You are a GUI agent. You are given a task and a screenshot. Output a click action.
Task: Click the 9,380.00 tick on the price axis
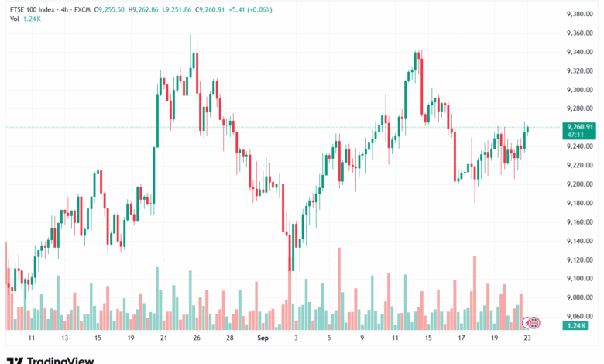click(579, 14)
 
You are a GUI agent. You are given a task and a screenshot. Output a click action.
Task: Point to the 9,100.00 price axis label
click(579, 279)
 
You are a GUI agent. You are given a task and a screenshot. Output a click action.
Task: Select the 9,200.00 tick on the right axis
click(579, 184)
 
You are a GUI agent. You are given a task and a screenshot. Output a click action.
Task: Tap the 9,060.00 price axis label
click(579, 317)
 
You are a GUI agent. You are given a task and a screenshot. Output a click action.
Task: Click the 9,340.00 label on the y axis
click(579, 52)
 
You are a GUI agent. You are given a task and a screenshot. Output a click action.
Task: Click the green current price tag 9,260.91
click(579, 127)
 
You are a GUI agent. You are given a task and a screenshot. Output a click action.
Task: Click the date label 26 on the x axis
click(197, 339)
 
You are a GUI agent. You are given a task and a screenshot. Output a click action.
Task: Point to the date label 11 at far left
click(31, 339)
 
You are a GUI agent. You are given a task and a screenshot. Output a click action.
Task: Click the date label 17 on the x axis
click(461, 339)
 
